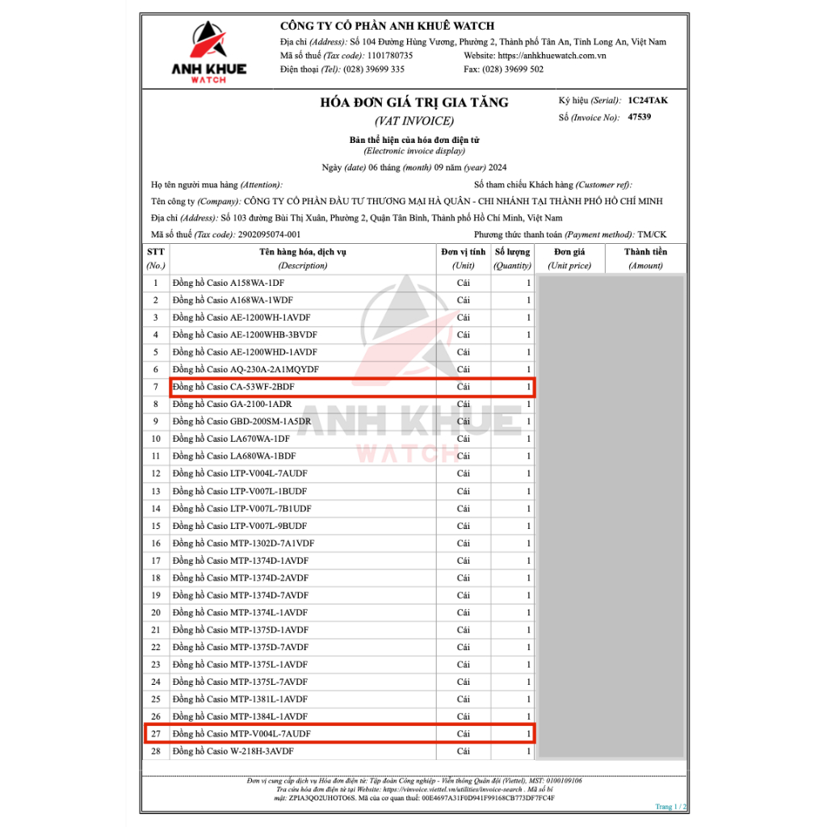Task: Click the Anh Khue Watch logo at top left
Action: click(x=209, y=51)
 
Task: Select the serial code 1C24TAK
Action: click(x=648, y=101)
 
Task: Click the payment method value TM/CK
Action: click(x=652, y=234)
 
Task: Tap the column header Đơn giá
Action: click(x=569, y=252)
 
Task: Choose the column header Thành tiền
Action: click(x=645, y=252)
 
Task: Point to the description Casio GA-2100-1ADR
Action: click(x=232, y=405)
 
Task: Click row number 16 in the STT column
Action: click(x=156, y=544)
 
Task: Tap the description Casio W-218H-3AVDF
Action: click(x=233, y=751)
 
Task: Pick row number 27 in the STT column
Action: click(x=156, y=734)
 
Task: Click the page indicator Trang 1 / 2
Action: click(x=670, y=807)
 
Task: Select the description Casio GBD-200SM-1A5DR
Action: click(x=241, y=422)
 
